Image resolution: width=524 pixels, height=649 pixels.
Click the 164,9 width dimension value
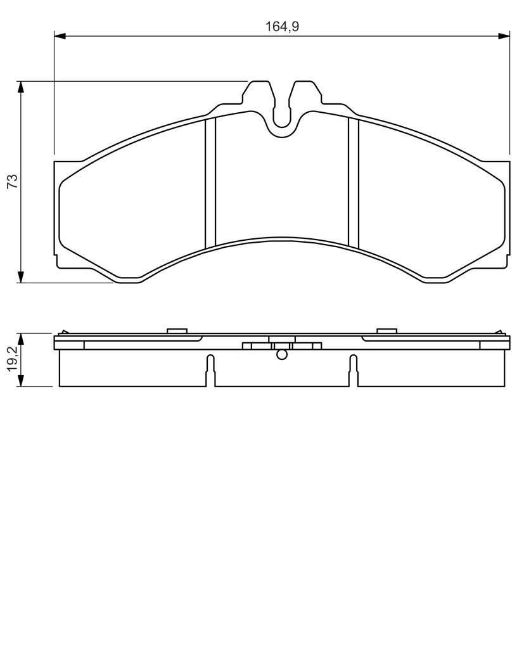(282, 27)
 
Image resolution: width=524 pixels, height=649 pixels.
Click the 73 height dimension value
(13, 181)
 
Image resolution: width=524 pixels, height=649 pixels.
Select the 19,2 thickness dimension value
(13, 359)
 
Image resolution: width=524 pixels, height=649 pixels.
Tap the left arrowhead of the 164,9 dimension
(60, 36)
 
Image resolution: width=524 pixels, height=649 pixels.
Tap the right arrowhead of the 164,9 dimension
(504, 36)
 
